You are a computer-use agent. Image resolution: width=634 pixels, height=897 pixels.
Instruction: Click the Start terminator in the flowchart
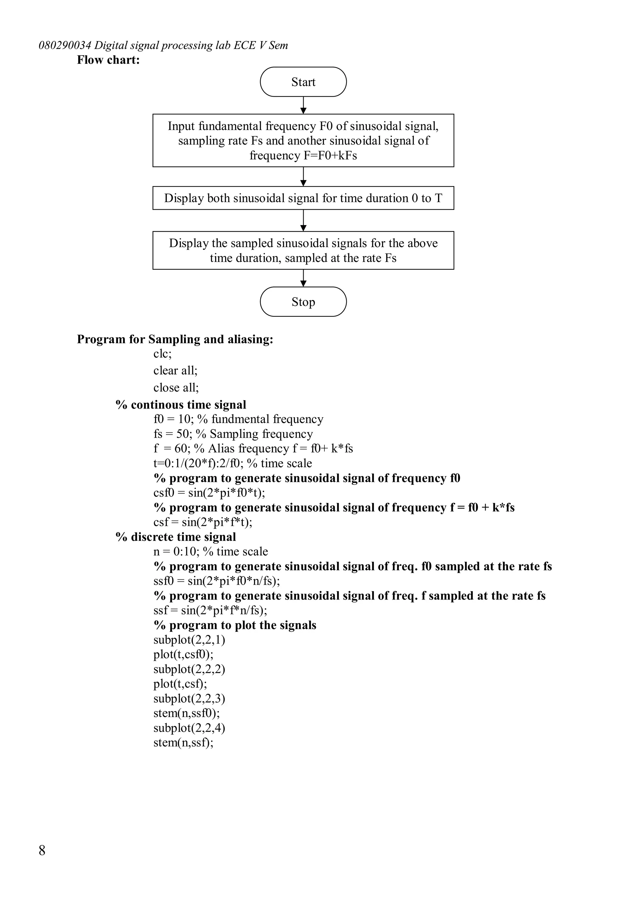click(x=303, y=82)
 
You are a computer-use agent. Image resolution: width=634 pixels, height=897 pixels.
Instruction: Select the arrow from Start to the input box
click(x=303, y=105)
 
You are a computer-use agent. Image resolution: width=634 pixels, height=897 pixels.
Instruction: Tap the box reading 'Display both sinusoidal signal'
click(x=303, y=198)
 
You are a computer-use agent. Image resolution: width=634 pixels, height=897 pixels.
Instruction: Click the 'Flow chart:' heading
click(x=108, y=60)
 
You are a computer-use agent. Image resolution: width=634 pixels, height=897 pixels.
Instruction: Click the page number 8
click(x=42, y=850)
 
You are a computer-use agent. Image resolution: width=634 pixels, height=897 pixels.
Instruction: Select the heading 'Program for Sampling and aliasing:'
click(x=175, y=339)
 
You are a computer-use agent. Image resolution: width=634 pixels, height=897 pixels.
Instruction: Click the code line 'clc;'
click(x=163, y=353)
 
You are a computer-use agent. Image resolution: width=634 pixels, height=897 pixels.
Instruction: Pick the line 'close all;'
click(x=176, y=388)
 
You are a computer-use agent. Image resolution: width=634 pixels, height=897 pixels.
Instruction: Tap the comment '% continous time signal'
click(x=181, y=405)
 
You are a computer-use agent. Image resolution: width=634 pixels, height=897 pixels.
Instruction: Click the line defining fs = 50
click(x=233, y=434)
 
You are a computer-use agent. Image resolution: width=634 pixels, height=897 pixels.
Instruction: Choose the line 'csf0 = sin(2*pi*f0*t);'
click(x=209, y=493)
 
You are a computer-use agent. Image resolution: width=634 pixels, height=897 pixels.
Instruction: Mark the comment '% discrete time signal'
click(x=176, y=537)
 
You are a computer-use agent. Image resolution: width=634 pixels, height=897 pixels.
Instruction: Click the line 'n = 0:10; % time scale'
click(x=211, y=551)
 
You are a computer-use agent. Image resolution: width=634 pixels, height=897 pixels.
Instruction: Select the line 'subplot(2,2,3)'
click(x=189, y=698)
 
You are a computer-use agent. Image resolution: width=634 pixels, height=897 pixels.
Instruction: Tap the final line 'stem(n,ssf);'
click(x=184, y=742)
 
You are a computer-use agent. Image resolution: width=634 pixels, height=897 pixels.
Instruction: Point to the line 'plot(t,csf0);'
click(x=184, y=654)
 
